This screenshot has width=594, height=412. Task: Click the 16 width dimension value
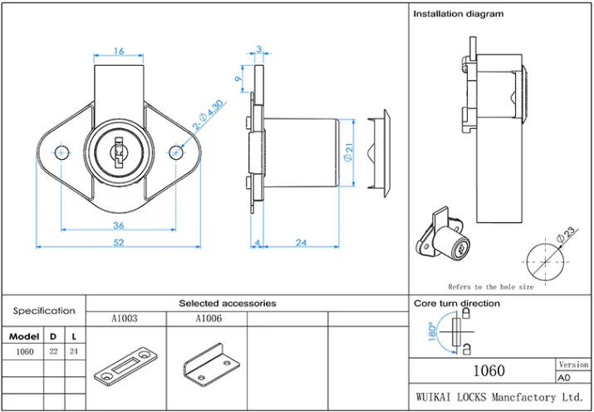[118, 51]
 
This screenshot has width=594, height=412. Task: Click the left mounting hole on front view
[61, 152]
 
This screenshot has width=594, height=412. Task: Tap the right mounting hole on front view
[176, 152]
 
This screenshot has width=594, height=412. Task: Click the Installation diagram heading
[458, 14]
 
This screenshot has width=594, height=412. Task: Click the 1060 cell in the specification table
[24, 352]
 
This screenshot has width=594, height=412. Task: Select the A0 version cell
[565, 376]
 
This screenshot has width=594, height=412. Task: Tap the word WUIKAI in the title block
[435, 397]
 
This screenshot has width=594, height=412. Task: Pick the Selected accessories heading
[228, 304]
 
